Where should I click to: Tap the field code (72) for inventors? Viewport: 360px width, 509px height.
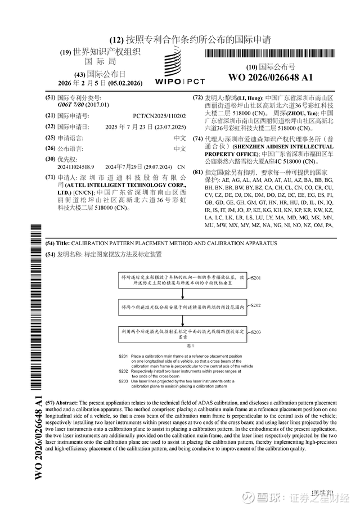197,97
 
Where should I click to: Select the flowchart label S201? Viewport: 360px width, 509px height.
255,278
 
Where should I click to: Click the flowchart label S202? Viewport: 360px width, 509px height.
255,305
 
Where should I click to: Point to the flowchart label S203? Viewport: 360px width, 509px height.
255,332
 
